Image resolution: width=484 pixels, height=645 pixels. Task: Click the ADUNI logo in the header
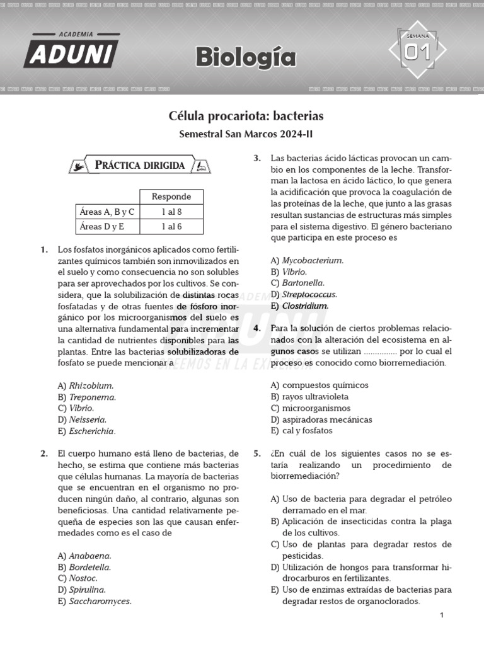pyautogui.click(x=71, y=50)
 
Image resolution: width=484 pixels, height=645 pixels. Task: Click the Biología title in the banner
pyautogui.click(x=245, y=57)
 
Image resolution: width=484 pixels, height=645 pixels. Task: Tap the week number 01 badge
pyautogui.click(x=417, y=52)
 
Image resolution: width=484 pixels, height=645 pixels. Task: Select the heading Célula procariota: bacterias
pyautogui.click(x=246, y=116)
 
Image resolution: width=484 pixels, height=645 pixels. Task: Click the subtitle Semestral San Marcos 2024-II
pyautogui.click(x=246, y=134)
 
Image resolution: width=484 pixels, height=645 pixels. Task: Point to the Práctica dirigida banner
pyautogui.click(x=140, y=166)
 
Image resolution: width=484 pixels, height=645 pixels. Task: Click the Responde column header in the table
pyautogui.click(x=171, y=197)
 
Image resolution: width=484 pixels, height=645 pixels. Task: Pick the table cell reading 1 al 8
pyautogui.click(x=171, y=212)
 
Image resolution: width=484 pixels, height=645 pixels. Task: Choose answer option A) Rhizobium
pyautogui.click(x=86, y=385)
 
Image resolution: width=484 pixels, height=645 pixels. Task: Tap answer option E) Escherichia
pyautogui.click(x=86, y=431)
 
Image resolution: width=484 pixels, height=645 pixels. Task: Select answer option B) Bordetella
pyautogui.click(x=84, y=567)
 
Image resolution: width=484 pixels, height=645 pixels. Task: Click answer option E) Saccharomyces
pyautogui.click(x=95, y=601)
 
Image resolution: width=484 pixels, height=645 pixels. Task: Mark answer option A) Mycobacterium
pyautogui.click(x=307, y=260)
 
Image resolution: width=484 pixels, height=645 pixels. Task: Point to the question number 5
pyautogui.click(x=257, y=454)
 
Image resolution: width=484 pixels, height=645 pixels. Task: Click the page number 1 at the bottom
pyautogui.click(x=442, y=615)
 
